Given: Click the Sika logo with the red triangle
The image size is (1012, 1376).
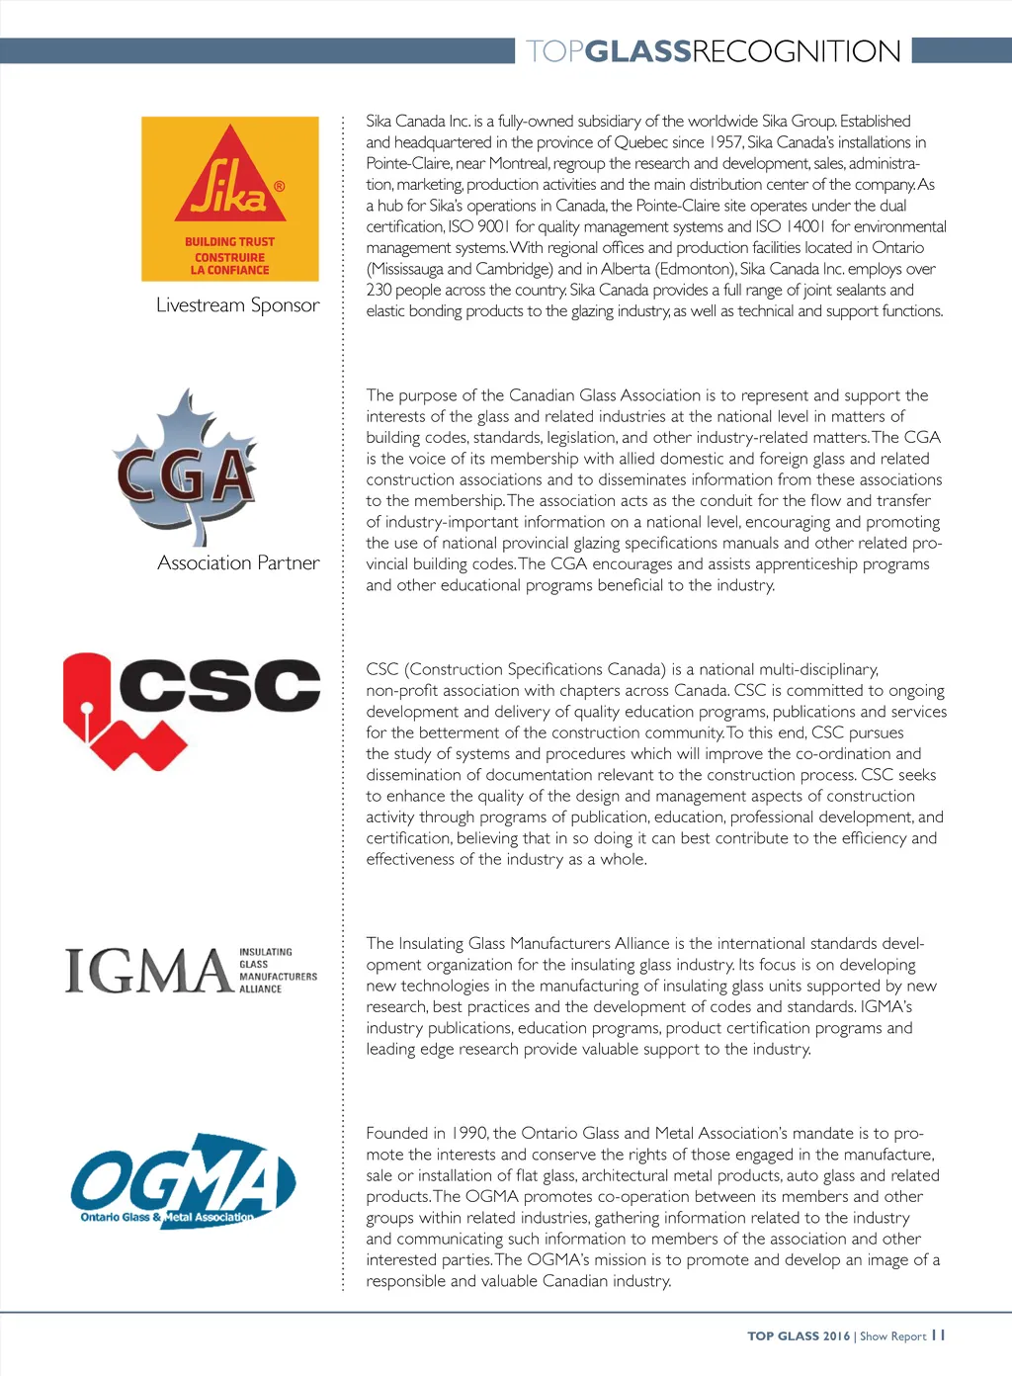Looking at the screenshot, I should pos(230,198).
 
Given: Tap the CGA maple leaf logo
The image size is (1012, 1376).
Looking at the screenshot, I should pos(185,468).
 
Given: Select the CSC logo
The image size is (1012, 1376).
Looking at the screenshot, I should pos(192,709).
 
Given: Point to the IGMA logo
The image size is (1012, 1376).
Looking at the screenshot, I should pos(191,971).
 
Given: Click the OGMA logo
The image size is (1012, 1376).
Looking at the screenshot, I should pos(183,1180).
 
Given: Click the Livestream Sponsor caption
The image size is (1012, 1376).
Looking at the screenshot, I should pos(238,305).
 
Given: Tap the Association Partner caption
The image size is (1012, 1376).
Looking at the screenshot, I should pos(238,563).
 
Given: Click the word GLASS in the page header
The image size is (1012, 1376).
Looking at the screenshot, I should pos(637,51).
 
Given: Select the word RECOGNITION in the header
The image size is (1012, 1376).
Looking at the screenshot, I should pos(796,51).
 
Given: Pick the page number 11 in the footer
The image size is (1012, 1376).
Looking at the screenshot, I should pos(939,1335).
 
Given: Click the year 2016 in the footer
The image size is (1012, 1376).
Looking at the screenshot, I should pos(836,1336).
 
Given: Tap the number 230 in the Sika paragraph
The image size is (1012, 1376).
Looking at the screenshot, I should pos(379,291).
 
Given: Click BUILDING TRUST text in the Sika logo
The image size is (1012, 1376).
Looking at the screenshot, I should pos(229,242).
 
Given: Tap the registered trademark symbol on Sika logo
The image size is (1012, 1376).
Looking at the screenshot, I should pos(280,186).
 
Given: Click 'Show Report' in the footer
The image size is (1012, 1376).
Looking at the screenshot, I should pos(892,1336).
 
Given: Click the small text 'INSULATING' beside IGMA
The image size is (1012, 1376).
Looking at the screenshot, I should pos(266,952).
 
